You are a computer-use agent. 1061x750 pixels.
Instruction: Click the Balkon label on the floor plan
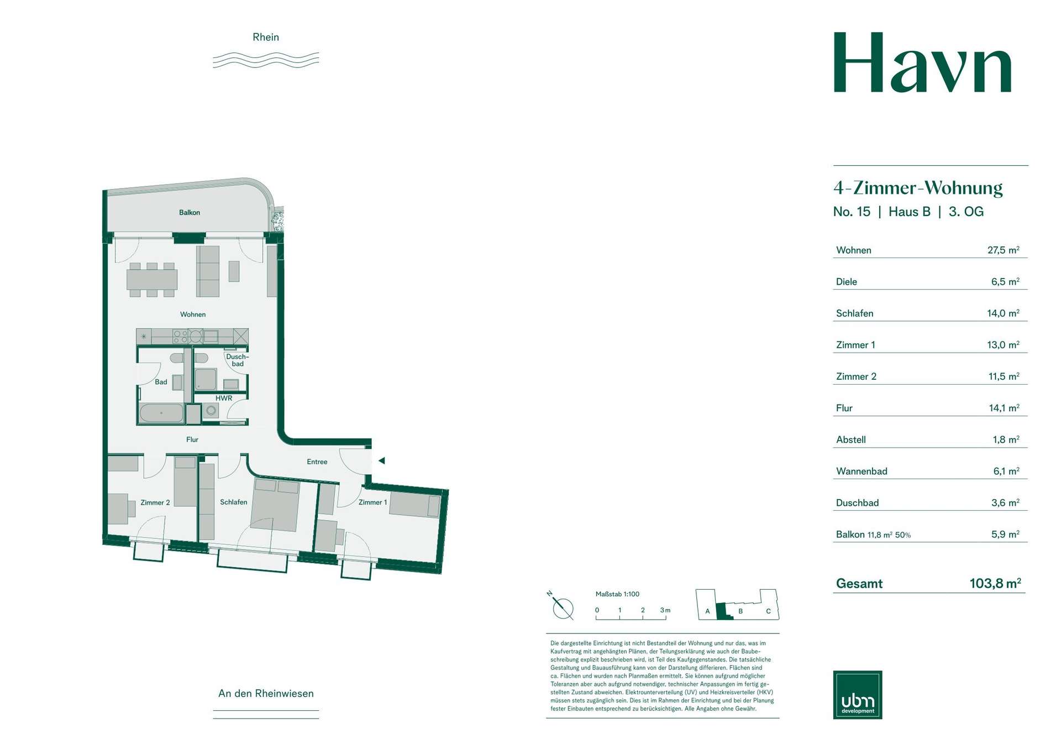[x=190, y=213]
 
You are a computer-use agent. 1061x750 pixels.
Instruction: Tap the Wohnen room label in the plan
[x=193, y=314]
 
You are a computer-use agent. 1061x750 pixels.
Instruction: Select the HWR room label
[x=224, y=398]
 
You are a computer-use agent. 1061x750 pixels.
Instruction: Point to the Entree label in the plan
[x=317, y=462]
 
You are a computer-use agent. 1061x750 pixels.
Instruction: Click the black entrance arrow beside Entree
[x=381, y=460]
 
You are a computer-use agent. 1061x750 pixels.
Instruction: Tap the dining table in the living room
[x=152, y=280]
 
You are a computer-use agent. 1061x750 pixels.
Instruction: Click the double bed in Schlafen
[x=275, y=506]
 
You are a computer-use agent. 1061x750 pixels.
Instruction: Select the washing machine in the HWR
[x=211, y=411]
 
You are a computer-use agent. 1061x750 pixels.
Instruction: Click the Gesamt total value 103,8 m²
[x=995, y=583]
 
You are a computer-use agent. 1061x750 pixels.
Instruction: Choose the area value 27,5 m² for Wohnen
[x=1004, y=250]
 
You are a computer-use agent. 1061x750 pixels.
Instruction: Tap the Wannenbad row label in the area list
[x=862, y=471]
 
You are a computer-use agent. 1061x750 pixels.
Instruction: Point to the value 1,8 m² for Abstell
[x=1006, y=440]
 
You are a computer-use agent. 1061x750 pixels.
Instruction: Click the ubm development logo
[x=858, y=695]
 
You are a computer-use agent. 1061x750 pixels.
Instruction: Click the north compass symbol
[x=563, y=607]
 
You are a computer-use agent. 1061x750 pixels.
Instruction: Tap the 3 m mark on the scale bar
[x=665, y=610]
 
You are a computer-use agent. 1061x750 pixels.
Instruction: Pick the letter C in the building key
[x=768, y=611]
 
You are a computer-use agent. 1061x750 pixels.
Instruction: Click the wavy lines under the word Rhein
[x=266, y=60]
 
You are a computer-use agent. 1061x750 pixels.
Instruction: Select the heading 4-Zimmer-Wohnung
[x=918, y=188]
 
